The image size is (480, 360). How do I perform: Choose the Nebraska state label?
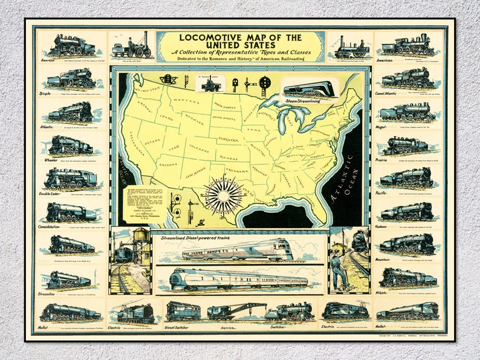(x=227, y=139)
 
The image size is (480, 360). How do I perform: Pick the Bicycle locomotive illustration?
(x=71, y=78)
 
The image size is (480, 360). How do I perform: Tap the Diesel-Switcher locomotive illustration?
(x=182, y=310)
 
